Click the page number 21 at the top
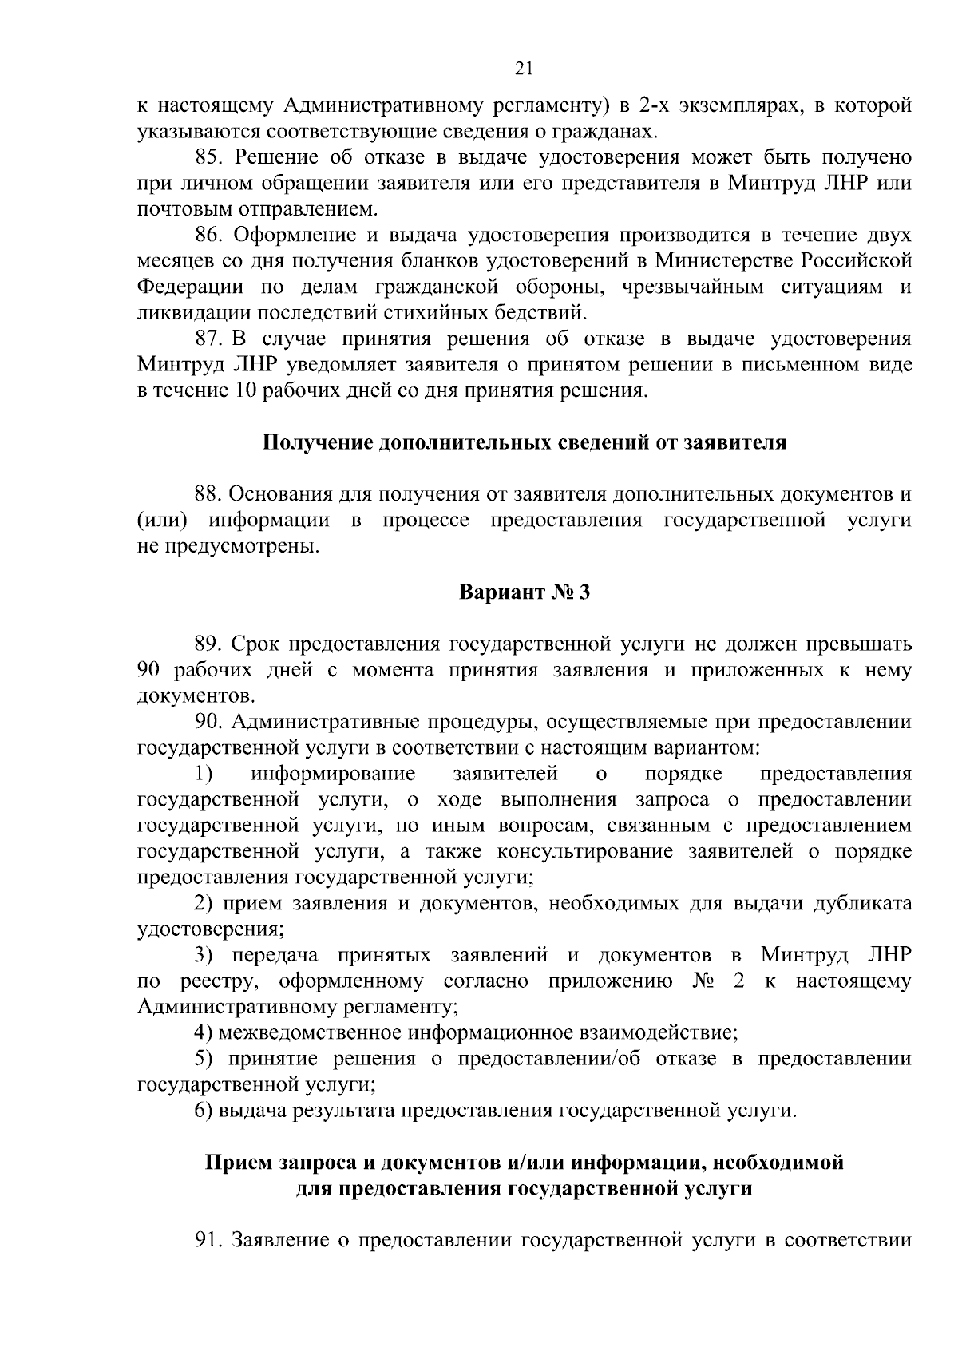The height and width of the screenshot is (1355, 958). pos(523,69)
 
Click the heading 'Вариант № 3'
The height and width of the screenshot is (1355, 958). pos(524,593)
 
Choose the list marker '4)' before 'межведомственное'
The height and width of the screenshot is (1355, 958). pos(204,1032)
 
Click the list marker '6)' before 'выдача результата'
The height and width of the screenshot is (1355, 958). pos(204,1111)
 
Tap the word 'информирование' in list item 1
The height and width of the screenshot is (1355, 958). pos(333,774)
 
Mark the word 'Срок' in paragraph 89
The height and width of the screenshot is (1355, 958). pos(256,644)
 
